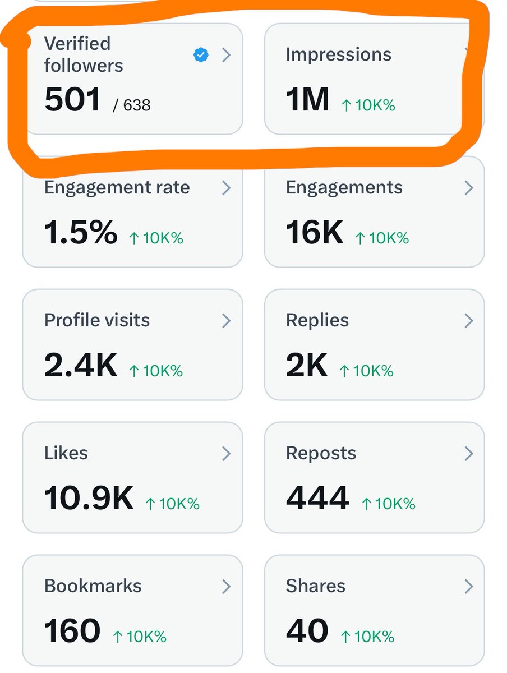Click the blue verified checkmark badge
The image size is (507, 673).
(201, 55)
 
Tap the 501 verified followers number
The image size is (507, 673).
(72, 99)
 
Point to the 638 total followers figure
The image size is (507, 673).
(137, 105)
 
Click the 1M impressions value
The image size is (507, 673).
(307, 99)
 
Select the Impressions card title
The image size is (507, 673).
(338, 54)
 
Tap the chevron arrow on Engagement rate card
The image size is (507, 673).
(226, 188)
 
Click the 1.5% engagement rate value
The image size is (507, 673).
(81, 232)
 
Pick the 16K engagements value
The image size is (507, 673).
(314, 232)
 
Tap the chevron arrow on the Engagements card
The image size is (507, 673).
(469, 188)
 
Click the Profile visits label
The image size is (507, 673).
(97, 320)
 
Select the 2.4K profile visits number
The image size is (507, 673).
(81, 365)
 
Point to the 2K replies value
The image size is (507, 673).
(307, 365)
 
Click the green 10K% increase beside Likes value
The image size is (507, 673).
(173, 504)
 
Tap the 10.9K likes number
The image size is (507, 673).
(89, 497)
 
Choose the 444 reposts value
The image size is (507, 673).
(317, 497)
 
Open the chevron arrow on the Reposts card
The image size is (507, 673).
(469, 454)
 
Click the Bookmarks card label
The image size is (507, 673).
(93, 586)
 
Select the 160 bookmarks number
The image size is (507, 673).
(72, 630)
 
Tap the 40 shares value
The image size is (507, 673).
(307, 630)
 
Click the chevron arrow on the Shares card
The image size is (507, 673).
(469, 587)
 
